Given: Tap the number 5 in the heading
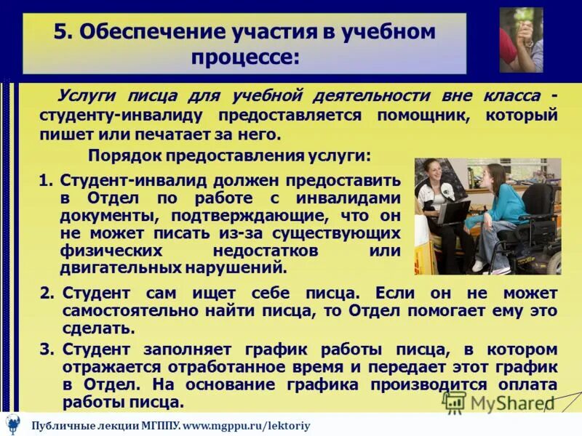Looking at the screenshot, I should (x=61, y=32).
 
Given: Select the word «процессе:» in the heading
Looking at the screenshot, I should (x=245, y=57).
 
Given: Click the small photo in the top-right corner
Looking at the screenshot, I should (x=521, y=40).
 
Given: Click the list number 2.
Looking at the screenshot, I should (x=47, y=294).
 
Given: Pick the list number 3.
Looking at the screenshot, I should (x=47, y=349).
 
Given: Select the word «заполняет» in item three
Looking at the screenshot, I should (x=189, y=349).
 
